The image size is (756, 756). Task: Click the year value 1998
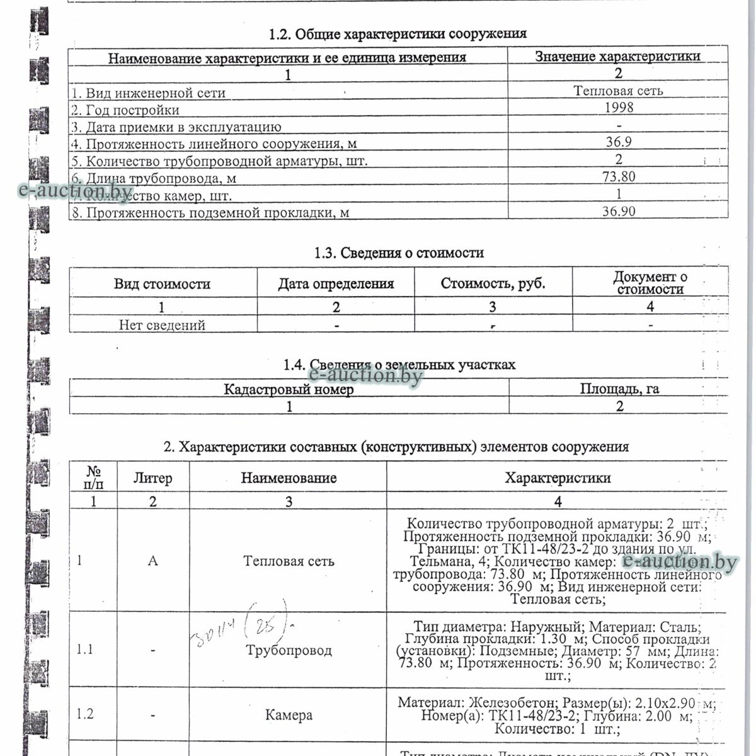pos(618,107)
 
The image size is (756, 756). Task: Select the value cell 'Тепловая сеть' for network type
pos(618,91)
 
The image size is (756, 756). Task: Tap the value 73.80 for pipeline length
pos(618,177)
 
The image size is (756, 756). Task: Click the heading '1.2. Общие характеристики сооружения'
pos(398,34)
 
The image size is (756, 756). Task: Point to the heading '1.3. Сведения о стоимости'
pos(399,253)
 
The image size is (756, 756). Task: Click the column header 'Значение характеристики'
pos(617,56)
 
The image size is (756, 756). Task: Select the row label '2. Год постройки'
pos(125,110)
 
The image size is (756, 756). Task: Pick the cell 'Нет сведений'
pos(163,325)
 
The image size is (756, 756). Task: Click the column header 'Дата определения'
pos(336,284)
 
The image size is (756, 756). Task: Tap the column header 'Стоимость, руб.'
pos(493,283)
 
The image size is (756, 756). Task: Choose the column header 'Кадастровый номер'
pos(289,389)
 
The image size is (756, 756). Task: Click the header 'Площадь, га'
pos(619,389)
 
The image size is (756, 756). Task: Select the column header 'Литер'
pos(153,479)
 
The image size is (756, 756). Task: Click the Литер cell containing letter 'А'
pos(152,561)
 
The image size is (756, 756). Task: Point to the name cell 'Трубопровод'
pos(289,650)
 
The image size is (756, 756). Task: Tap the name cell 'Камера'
pos(289,715)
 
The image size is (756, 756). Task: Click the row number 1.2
pos(85,714)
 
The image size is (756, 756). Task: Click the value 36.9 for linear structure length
pos(618,142)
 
